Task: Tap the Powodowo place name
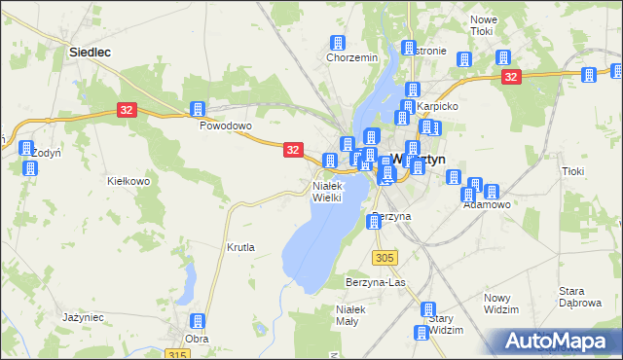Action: (x=226, y=126)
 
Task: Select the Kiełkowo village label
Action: (x=128, y=181)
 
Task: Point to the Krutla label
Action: (x=240, y=247)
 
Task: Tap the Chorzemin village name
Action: (x=351, y=57)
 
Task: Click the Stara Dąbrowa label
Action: (x=578, y=297)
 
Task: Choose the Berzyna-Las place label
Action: (x=375, y=282)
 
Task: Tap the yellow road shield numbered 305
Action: (x=385, y=257)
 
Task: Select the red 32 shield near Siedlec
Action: (x=127, y=111)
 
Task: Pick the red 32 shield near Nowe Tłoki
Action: (x=512, y=76)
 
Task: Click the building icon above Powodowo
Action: (x=198, y=109)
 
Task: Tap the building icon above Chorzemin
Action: (x=338, y=43)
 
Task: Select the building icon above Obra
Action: (x=197, y=321)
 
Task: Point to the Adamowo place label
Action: (x=487, y=205)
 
